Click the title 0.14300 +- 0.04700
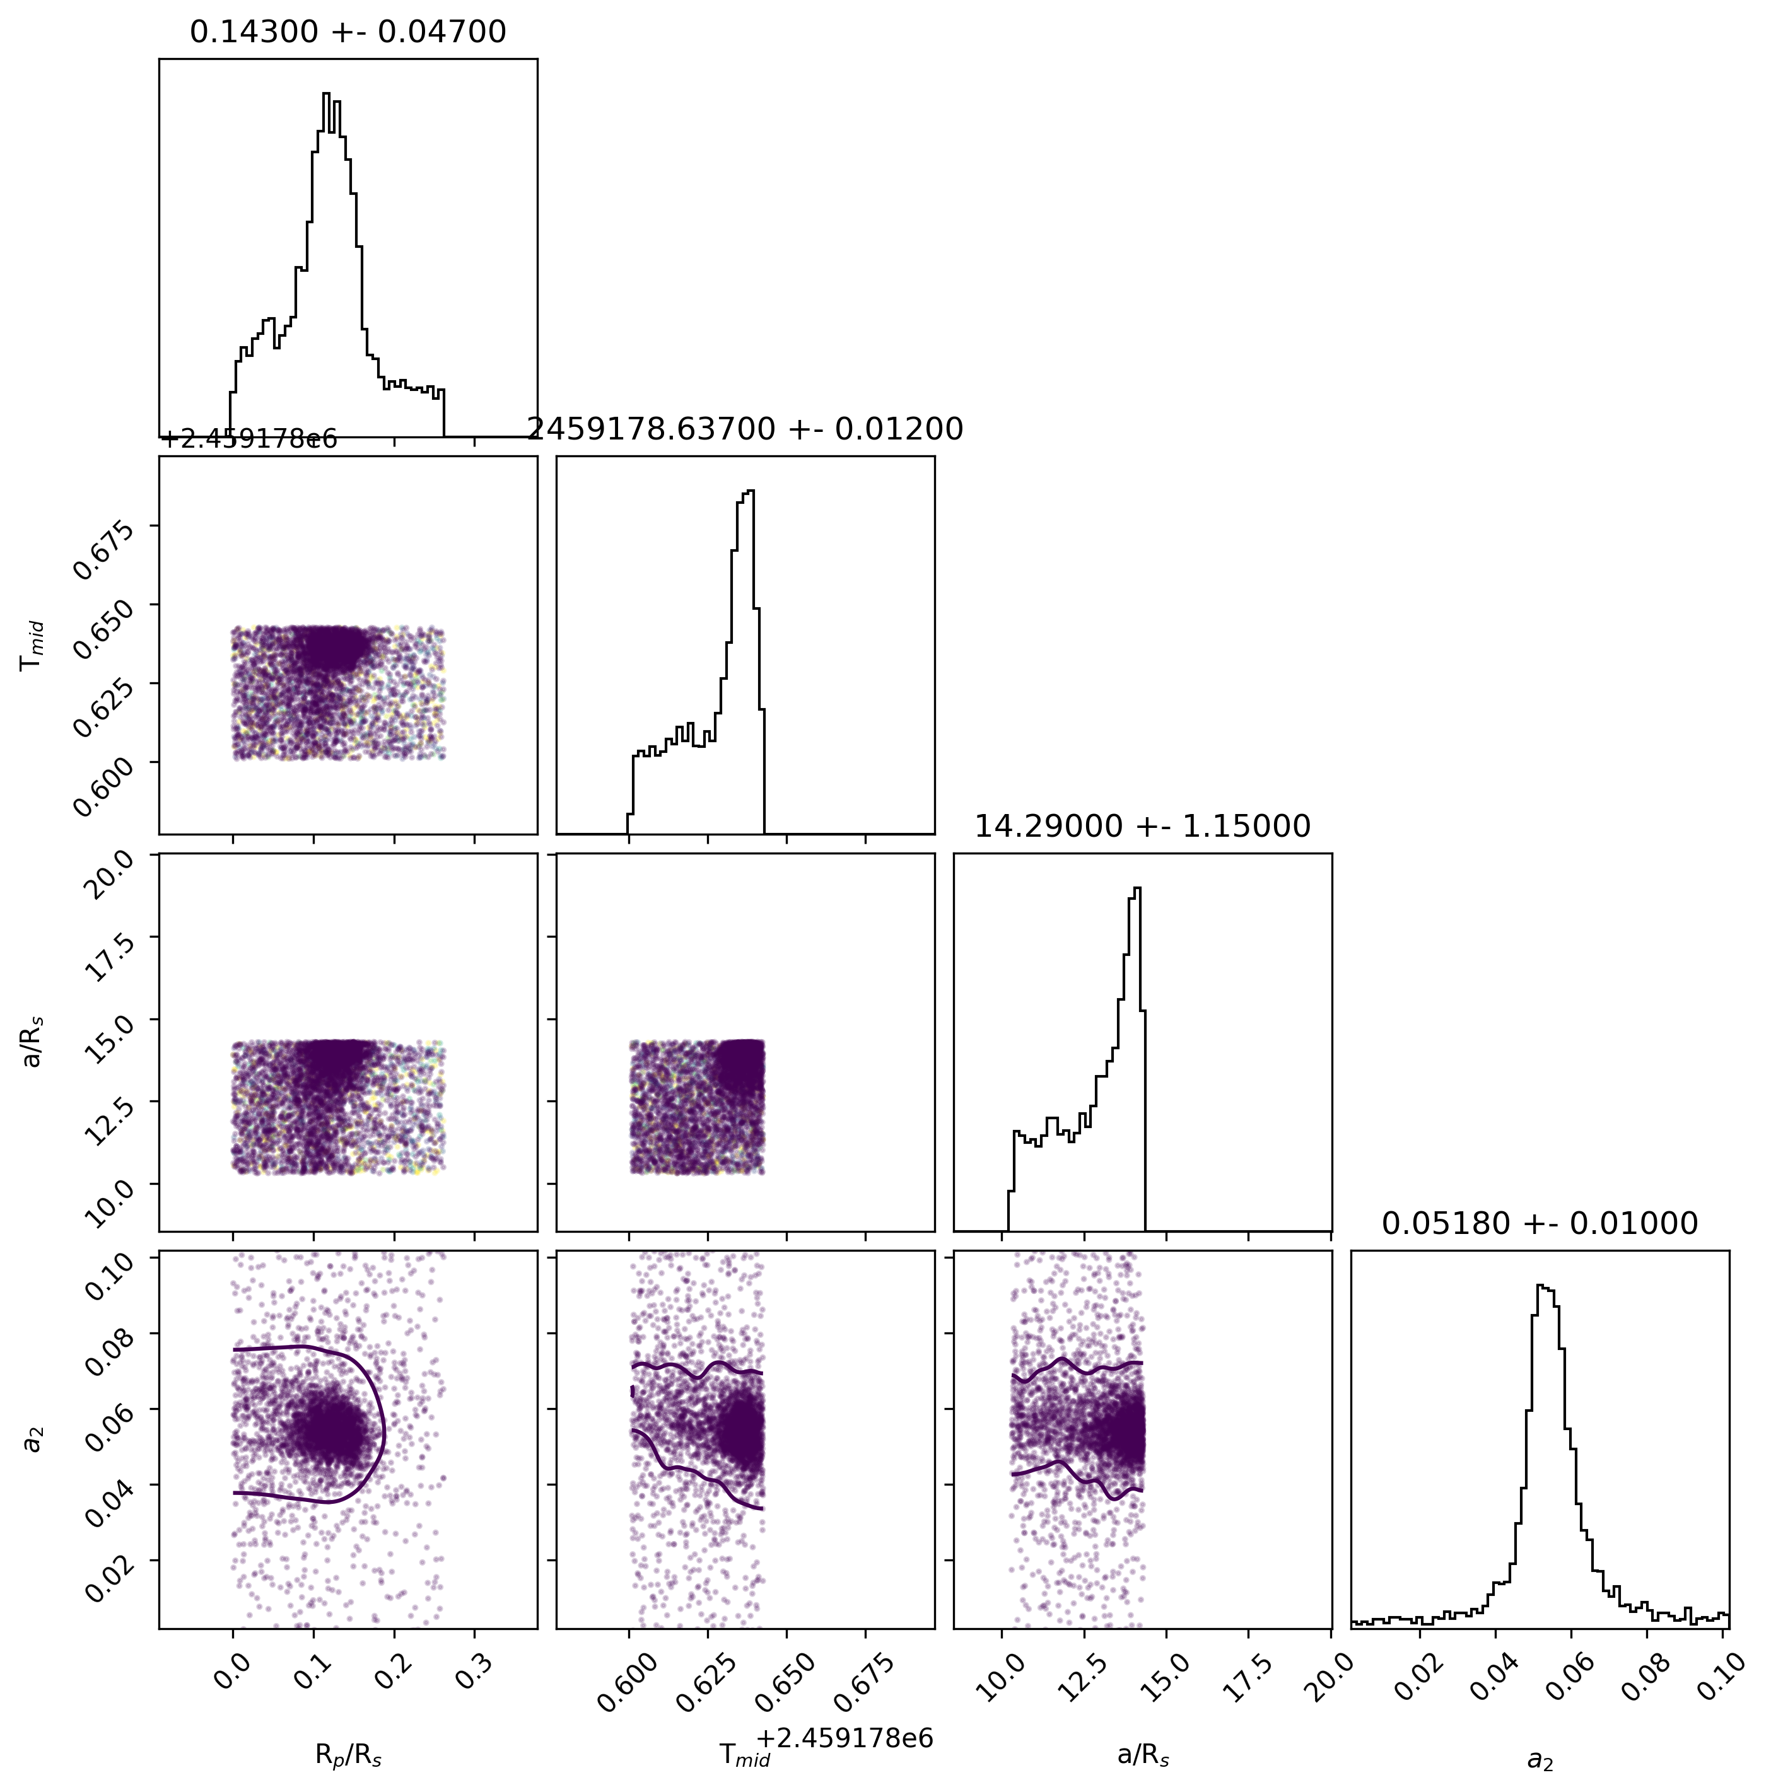point(348,32)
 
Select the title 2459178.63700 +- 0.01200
point(745,429)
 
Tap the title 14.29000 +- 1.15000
point(1142,827)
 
